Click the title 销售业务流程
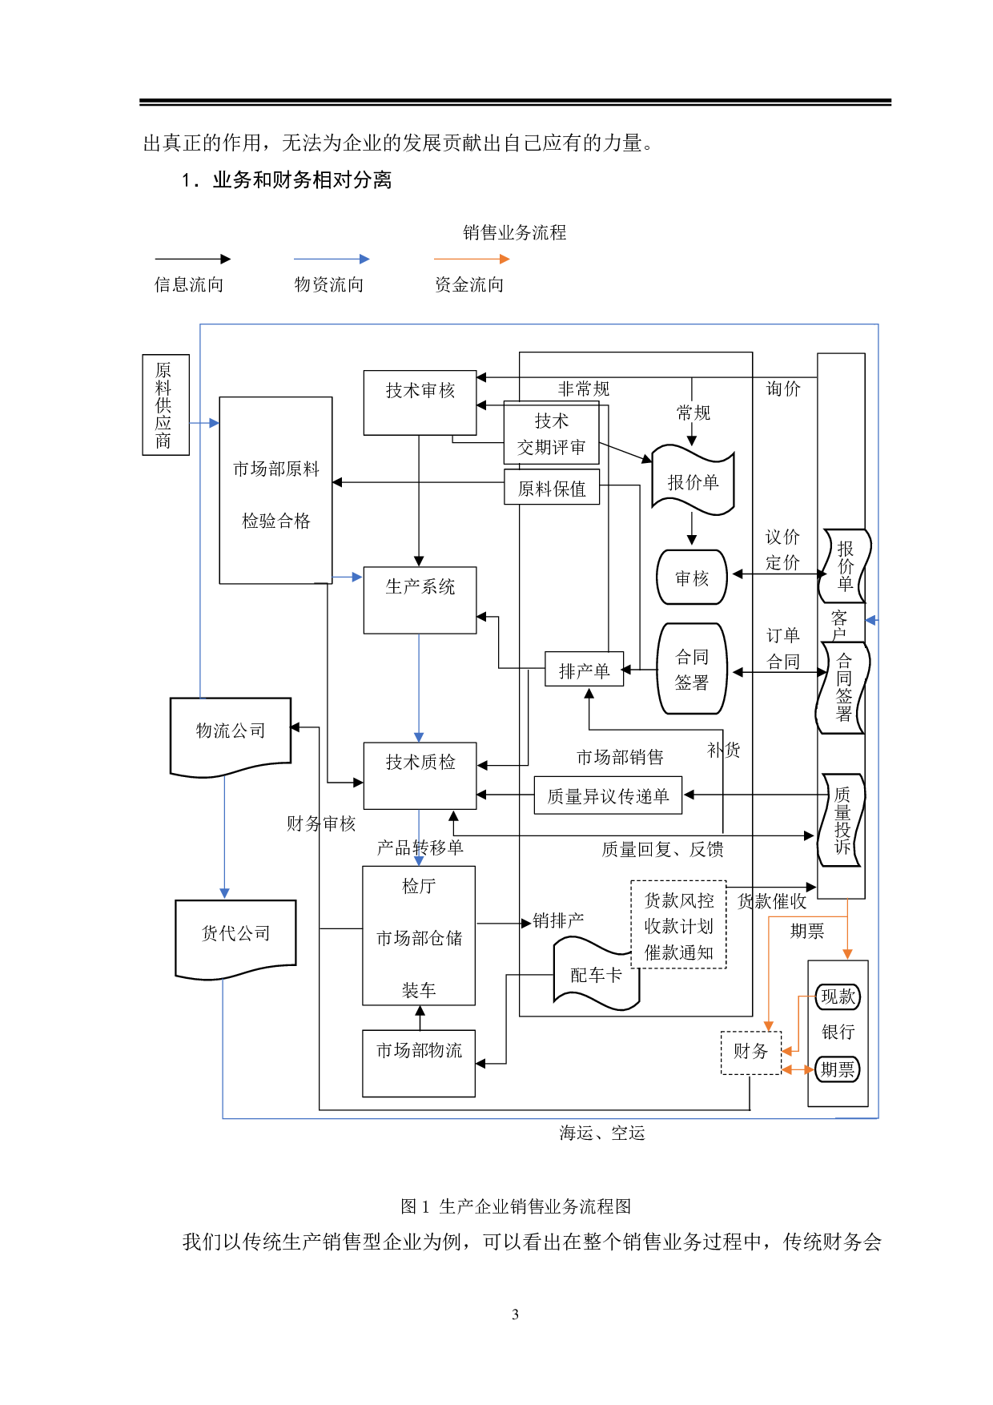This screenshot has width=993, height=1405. pyautogui.click(x=514, y=232)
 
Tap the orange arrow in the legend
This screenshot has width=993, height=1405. pyautogui.click(x=472, y=259)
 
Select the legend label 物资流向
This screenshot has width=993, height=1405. pyautogui.click(x=329, y=284)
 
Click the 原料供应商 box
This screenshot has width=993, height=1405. pyautogui.click(x=165, y=405)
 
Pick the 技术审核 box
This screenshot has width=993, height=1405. pyautogui.click(x=420, y=402)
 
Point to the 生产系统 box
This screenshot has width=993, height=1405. pyautogui.click(x=420, y=599)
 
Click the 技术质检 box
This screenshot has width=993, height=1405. pyautogui.click(x=420, y=775)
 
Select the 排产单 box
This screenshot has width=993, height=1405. pyautogui.click(x=584, y=670)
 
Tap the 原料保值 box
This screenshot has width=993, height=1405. pyautogui.click(x=552, y=488)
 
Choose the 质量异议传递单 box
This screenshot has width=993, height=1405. pyautogui.click(x=608, y=795)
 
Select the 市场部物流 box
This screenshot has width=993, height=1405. pyautogui.click(x=419, y=1063)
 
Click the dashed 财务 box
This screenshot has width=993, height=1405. pyautogui.click(x=750, y=1052)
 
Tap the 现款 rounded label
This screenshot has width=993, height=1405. pyautogui.click(x=838, y=996)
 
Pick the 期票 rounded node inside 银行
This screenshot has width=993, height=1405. pyautogui.click(x=838, y=1069)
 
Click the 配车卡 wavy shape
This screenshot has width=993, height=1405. pyautogui.click(x=596, y=975)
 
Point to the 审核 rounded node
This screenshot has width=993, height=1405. pyautogui.click(x=692, y=578)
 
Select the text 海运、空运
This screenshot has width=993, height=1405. pyautogui.click(x=602, y=1133)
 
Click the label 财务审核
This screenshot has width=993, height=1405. pyautogui.click(x=320, y=823)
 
